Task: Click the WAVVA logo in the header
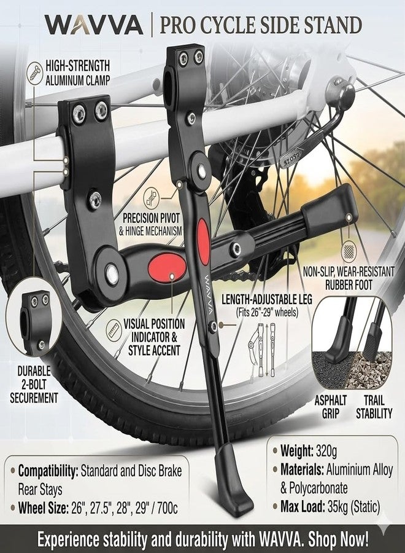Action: [94, 25]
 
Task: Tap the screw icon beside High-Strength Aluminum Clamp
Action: [36, 72]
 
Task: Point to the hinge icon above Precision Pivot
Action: [152, 198]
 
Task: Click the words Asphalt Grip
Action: [330, 407]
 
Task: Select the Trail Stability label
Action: [374, 407]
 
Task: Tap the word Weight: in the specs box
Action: [296, 450]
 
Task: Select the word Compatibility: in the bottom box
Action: [48, 471]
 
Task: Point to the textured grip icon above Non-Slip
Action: [349, 251]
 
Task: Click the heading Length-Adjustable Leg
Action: [266, 299]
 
